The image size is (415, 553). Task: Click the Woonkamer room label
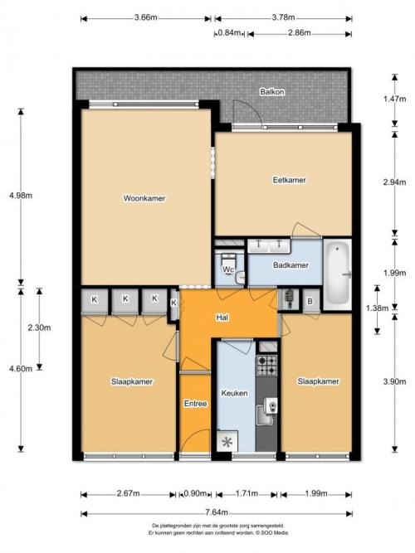tap(144, 198)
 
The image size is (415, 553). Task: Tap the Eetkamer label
tap(290, 180)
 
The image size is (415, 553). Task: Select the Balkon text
tap(272, 92)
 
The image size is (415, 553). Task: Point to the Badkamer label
tap(290, 264)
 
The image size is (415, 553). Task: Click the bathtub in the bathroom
tap(338, 274)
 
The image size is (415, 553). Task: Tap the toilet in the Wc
tap(228, 262)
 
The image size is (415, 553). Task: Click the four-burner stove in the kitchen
tap(266, 366)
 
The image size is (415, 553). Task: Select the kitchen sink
tap(266, 411)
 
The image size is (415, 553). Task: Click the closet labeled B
tap(310, 301)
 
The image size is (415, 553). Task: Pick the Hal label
tap(222, 318)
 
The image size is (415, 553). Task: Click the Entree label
tap(195, 404)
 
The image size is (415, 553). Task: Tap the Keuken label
tap(234, 393)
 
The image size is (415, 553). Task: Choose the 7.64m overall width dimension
tap(217, 513)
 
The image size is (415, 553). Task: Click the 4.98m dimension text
tap(21, 196)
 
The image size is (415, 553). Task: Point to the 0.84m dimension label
tap(229, 33)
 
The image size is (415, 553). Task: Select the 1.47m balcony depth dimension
tap(394, 99)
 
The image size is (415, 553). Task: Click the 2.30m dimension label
tap(39, 327)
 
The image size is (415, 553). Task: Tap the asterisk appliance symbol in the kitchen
tap(227, 442)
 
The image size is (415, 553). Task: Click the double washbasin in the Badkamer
tap(269, 245)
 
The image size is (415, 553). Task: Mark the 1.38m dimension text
tap(377, 308)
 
